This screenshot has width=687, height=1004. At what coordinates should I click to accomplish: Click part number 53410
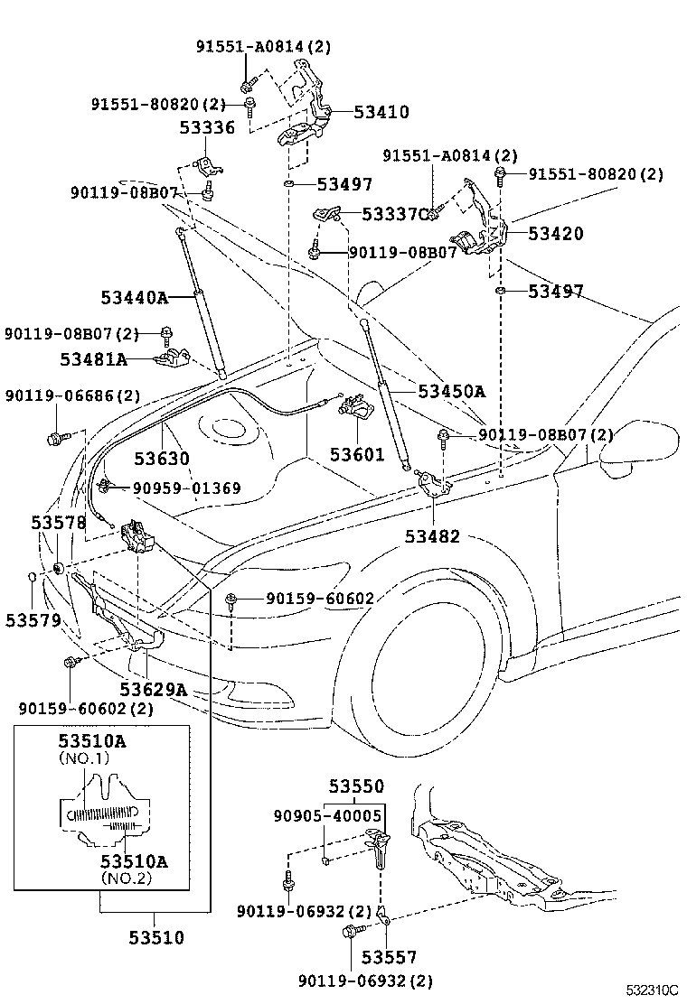(381, 112)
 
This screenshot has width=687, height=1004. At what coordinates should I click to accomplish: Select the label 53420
(556, 233)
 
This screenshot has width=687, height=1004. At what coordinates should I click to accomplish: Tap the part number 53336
(207, 127)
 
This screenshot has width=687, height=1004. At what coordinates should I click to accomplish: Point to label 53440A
(134, 298)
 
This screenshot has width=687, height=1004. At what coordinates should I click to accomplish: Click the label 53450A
(452, 391)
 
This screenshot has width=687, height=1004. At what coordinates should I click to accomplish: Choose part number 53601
(357, 455)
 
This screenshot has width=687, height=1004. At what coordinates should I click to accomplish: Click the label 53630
(162, 459)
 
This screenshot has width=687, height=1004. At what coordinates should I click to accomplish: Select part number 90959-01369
(187, 488)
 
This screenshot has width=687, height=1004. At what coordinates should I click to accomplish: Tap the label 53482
(432, 536)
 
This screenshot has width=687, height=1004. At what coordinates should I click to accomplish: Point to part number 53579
(33, 619)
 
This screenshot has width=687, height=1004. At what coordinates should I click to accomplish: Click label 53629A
(153, 689)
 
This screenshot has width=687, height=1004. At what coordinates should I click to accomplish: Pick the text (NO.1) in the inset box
(84, 758)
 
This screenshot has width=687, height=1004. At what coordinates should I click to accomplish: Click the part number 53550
(356, 786)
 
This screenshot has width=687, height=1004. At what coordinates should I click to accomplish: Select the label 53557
(389, 957)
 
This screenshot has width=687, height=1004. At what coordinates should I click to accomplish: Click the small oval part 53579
(32, 579)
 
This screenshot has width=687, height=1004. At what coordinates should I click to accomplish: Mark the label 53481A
(94, 359)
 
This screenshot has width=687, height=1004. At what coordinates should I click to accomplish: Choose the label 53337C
(395, 214)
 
